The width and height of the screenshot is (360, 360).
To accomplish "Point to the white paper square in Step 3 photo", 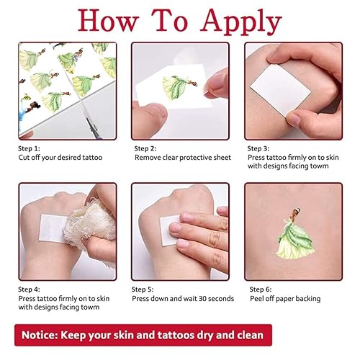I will [x=288, y=90].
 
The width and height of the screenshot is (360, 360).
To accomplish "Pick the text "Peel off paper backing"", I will [x=287, y=298].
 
